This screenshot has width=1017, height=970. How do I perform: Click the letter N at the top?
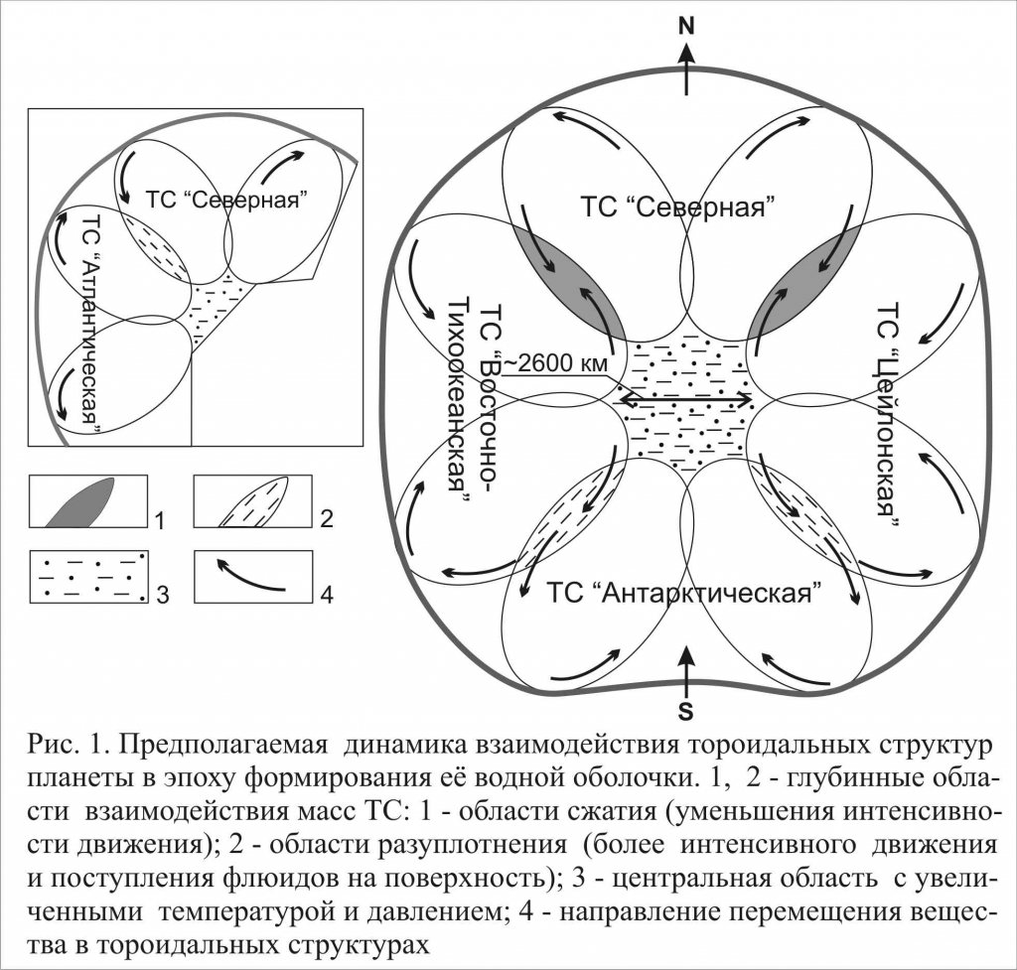685,27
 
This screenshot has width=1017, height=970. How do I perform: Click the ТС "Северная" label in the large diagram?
677,208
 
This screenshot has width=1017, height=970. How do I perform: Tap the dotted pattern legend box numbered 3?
88,575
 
